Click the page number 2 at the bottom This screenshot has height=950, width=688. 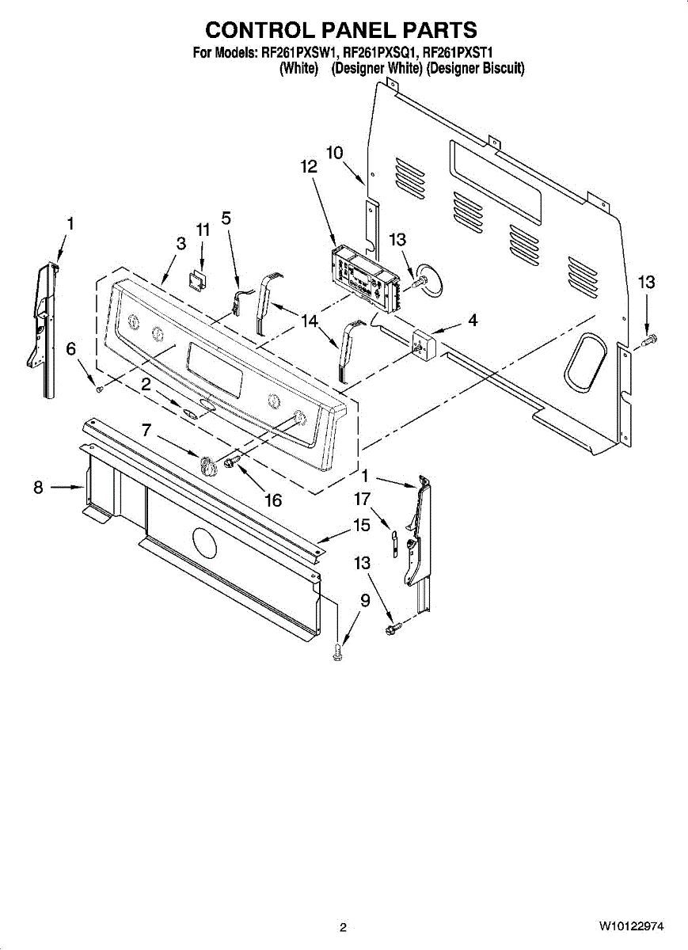(x=343, y=927)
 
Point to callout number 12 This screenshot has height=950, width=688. (x=308, y=167)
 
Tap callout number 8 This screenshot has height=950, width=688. (x=38, y=488)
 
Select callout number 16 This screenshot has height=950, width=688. (x=272, y=500)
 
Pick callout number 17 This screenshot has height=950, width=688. (x=362, y=499)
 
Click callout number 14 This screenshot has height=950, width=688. (x=309, y=320)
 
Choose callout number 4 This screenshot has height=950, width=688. (x=472, y=321)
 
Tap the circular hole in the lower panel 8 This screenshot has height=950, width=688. (x=204, y=544)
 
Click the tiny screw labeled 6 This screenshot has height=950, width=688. (x=97, y=388)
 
